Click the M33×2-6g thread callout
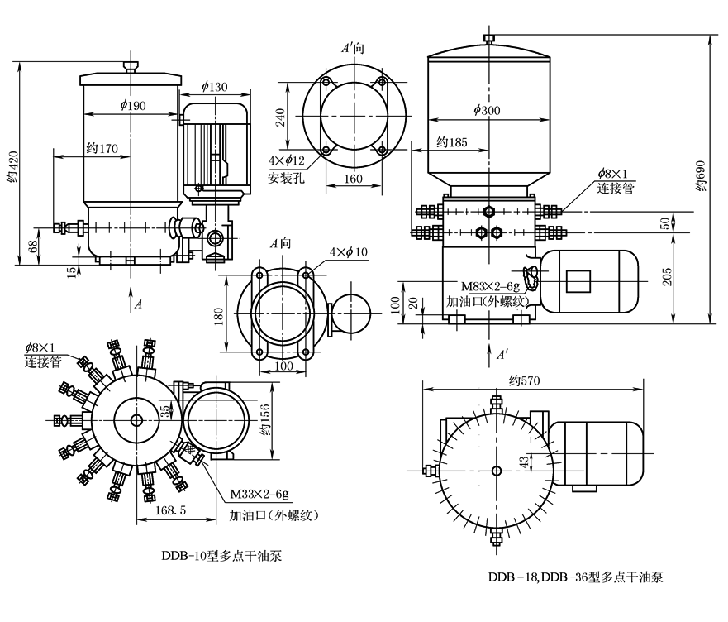[259, 495]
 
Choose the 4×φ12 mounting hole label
[287, 160]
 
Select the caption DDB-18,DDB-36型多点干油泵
[574, 577]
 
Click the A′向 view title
[353, 49]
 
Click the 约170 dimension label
[103, 148]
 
